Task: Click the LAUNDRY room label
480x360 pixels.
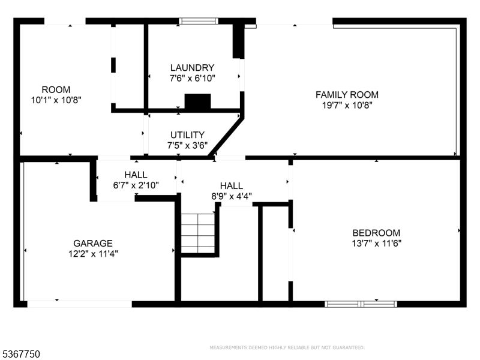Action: point(192,68)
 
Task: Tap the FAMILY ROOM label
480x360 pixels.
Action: point(347,95)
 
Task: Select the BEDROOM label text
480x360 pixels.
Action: point(376,233)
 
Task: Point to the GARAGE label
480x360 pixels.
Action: point(93,243)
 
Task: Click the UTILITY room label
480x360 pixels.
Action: point(187,135)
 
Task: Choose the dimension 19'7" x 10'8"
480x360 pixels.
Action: point(347,105)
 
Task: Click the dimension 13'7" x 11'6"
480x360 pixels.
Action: point(376,243)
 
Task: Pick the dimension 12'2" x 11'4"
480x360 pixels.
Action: point(93,253)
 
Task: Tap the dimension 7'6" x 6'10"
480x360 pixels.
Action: point(192,78)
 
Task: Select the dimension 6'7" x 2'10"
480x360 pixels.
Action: point(136,185)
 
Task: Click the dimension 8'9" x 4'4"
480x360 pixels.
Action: point(231,196)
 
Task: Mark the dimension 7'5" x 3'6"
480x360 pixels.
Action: point(187,145)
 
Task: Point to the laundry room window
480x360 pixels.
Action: point(198,21)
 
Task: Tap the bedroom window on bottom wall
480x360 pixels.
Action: point(361,304)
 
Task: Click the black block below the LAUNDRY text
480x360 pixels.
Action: point(197,101)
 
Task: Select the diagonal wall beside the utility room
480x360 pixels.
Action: point(226,137)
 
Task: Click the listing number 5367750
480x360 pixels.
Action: point(21,355)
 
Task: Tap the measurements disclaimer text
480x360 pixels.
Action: point(287,347)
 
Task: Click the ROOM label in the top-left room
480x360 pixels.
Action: point(56,90)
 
